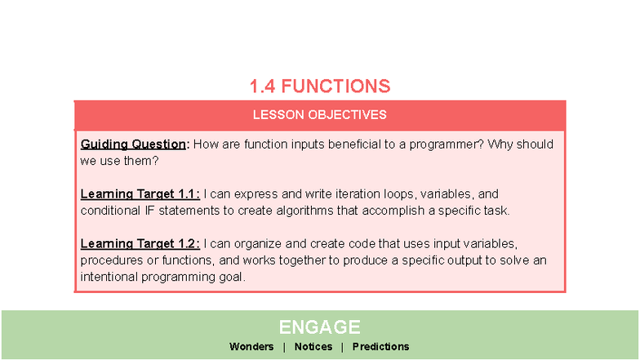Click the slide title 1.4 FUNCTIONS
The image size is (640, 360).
pos(319,86)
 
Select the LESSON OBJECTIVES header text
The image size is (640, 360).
pos(319,115)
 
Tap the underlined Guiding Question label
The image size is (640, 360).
pos(134,144)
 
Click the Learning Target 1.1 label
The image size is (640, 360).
pos(140,194)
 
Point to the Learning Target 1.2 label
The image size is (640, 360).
pos(140,244)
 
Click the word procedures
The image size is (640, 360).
pos(111,260)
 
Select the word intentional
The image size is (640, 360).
pos(110,277)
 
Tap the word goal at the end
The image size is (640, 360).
pos(229,277)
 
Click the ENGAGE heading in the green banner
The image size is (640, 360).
pos(319,327)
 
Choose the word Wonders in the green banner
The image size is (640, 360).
pos(251,347)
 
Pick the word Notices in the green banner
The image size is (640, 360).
pos(313,347)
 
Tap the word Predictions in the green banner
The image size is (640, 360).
pos(380,347)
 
